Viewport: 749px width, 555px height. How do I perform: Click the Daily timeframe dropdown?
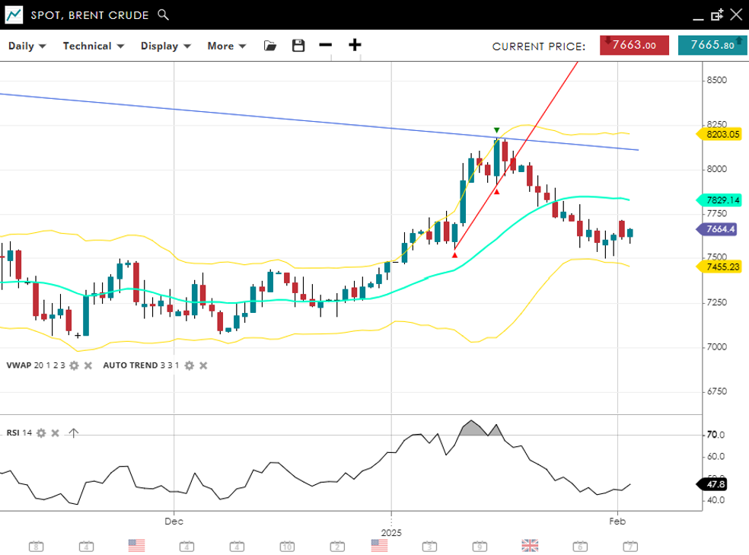[27, 46]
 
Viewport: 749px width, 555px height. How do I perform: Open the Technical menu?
[92, 46]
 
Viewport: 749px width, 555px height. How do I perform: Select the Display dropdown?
[165, 46]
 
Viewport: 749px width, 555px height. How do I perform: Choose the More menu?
[226, 46]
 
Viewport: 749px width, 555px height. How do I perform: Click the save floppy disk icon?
[298, 46]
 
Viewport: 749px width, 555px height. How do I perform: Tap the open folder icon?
[270, 46]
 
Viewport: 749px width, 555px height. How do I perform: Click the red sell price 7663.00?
[634, 45]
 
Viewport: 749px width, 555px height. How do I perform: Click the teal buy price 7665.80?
[712, 45]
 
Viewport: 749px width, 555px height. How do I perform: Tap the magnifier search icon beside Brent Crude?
[163, 14]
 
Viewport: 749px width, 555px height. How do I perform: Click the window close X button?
[735, 14]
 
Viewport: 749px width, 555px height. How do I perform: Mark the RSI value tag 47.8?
[716, 484]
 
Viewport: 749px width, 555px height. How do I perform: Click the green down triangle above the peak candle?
[496, 130]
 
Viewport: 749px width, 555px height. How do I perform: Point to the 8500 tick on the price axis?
[716, 80]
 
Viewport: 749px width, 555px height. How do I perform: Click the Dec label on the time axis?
[174, 522]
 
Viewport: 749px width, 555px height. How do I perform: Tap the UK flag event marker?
[530, 545]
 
